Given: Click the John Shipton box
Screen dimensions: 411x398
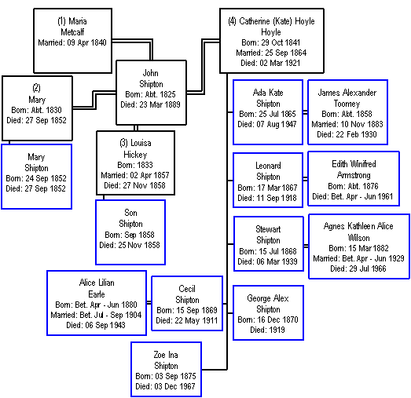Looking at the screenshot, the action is [x=151, y=93].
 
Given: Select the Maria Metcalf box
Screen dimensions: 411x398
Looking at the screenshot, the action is [x=72, y=41].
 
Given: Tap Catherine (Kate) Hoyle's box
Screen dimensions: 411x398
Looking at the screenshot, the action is [x=272, y=41].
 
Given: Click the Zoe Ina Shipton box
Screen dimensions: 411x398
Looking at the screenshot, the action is [x=166, y=369].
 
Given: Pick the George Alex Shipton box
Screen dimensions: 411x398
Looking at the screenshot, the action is [x=268, y=312].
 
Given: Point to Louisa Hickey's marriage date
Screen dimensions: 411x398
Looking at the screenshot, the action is [x=135, y=175].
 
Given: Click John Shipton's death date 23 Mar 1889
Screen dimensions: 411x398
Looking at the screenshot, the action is [x=150, y=104].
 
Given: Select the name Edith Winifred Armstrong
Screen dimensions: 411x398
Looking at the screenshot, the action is [x=354, y=170].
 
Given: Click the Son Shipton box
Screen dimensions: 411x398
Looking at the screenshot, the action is [x=130, y=232].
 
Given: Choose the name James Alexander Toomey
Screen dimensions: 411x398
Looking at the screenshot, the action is [x=347, y=98].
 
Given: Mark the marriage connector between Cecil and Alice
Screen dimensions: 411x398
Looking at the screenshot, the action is [x=149, y=303].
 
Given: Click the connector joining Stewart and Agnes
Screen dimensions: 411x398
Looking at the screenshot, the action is [x=306, y=246].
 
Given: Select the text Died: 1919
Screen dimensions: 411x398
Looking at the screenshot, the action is [x=267, y=330].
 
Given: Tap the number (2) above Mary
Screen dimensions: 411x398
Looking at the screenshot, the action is [x=36, y=88].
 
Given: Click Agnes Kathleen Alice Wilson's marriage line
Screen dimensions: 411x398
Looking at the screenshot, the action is [x=358, y=258].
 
